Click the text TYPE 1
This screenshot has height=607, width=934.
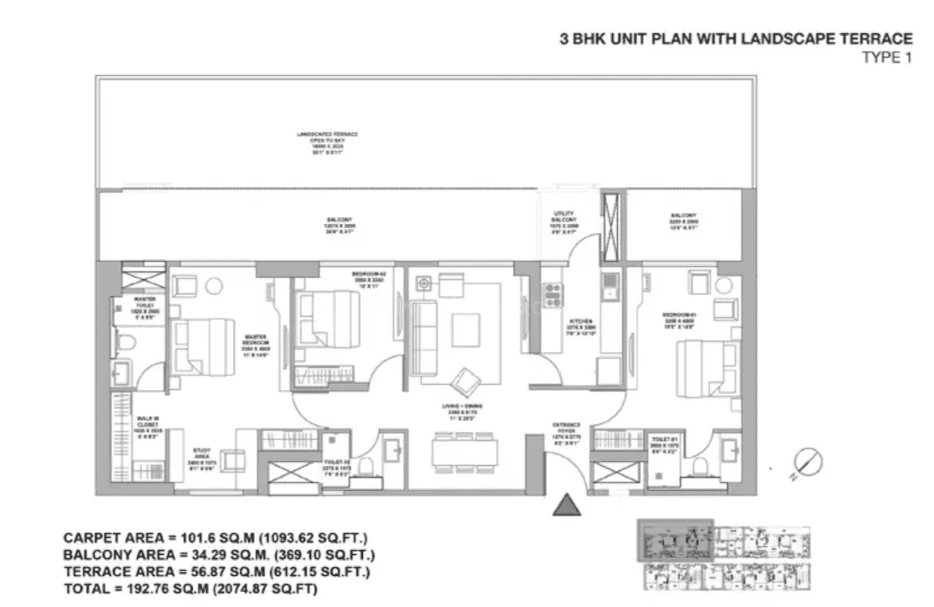click(887, 57)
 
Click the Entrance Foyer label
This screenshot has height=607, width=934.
click(567, 429)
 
